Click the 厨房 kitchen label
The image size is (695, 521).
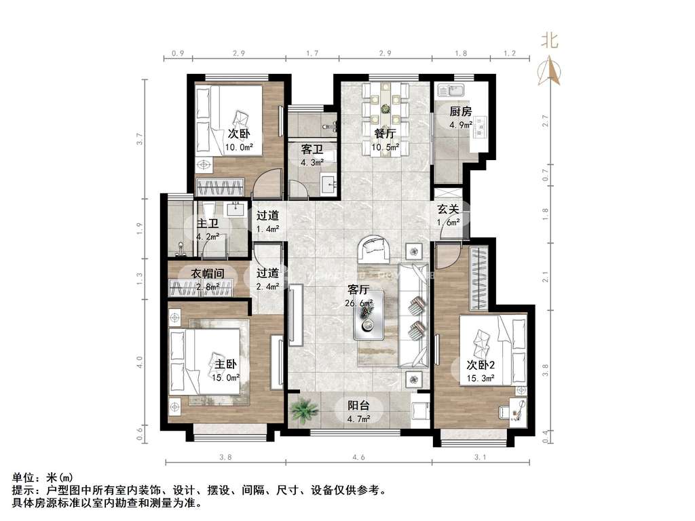pos(461,111)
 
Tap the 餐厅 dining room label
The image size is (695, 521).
pos(384,134)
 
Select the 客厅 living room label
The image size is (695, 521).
pos(358,290)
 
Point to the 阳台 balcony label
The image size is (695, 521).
pos(358,405)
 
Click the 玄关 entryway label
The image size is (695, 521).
pos(448,209)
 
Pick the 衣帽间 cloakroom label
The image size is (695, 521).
pos(208,274)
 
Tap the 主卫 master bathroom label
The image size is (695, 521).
pos(208,223)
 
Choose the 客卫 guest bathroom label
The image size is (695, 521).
pos(312,149)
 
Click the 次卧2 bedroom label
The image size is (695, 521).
pos(481,364)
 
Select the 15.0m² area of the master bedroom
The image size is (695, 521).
pos(225,377)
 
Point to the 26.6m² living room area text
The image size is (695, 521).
pos(358,303)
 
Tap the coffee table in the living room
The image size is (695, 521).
pos(369,315)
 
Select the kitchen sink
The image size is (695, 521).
pos(451,91)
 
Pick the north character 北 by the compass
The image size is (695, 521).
pos(549,41)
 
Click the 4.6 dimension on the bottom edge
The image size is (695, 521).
pos(358,457)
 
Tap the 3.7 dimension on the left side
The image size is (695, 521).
pos(140,138)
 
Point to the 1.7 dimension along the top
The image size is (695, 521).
pos(312,53)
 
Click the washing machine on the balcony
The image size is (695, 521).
pos(419,410)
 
